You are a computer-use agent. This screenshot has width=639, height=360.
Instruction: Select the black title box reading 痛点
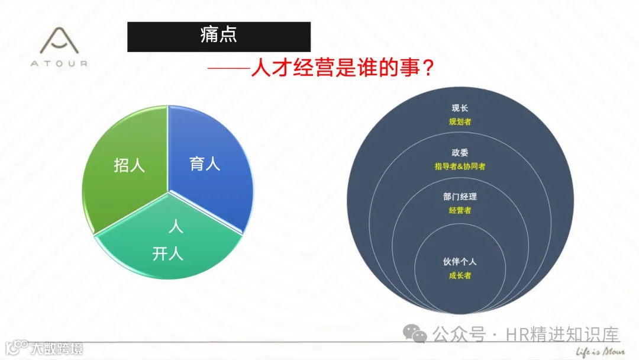[x=219, y=37]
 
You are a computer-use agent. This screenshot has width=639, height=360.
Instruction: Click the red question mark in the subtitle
[x=428, y=67]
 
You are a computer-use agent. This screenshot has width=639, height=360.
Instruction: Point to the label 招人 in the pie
[x=130, y=165]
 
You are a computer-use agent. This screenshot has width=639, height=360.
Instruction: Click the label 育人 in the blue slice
[x=205, y=163]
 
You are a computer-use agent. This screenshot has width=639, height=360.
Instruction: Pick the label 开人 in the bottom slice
[x=168, y=254]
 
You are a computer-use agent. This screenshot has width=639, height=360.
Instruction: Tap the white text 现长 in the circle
[x=460, y=108]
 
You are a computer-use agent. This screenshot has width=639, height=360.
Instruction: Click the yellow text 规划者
[x=460, y=121]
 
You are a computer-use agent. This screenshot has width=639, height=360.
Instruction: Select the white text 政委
[x=460, y=153]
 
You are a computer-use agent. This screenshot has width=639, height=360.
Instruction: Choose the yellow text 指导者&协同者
[x=460, y=166]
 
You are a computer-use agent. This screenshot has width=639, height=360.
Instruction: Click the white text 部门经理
[x=460, y=197]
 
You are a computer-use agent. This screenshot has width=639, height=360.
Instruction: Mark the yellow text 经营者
[x=460, y=210]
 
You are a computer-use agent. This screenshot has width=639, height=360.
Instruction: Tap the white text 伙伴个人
[x=460, y=262]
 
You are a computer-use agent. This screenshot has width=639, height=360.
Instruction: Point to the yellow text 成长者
[x=460, y=275]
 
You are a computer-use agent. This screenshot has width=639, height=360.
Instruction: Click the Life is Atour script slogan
[x=600, y=351]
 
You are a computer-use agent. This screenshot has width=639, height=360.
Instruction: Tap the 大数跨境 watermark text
[x=57, y=348]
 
